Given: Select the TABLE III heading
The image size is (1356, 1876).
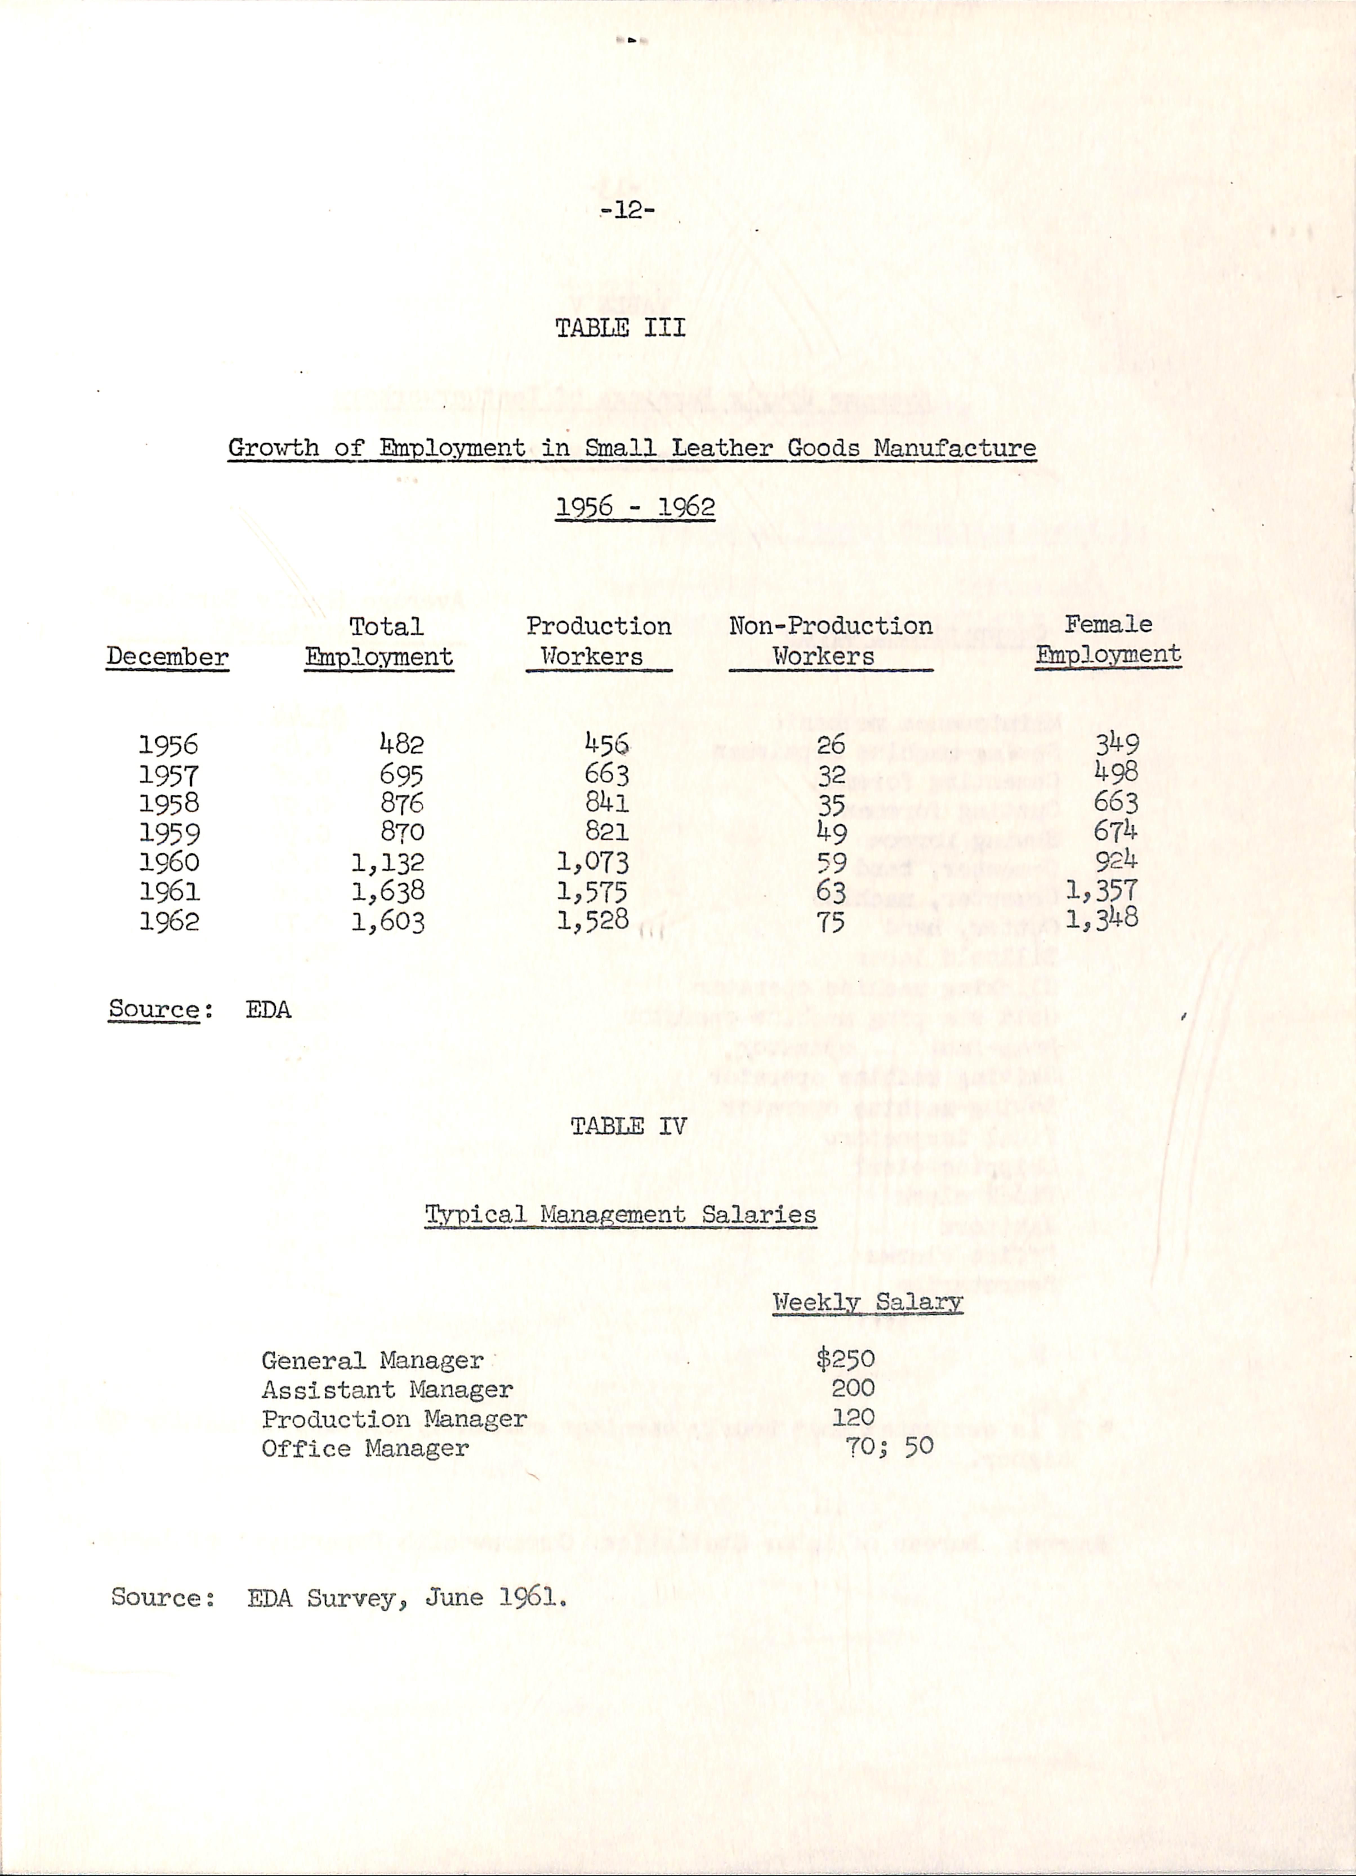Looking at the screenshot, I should point(620,328).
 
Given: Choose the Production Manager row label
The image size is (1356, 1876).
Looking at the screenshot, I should point(394,1419).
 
